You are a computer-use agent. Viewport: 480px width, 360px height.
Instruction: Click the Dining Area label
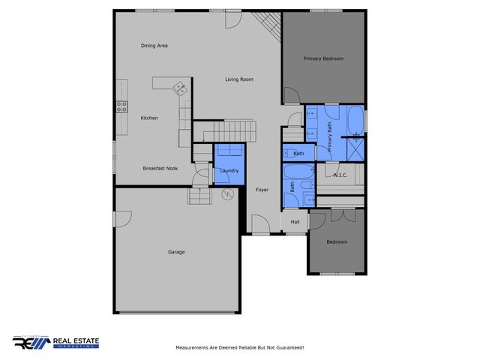click(x=154, y=46)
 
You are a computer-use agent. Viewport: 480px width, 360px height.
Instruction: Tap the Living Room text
click(x=239, y=79)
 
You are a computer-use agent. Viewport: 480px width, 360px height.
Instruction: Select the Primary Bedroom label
click(x=323, y=58)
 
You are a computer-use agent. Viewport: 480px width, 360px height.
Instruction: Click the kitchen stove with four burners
click(x=120, y=106)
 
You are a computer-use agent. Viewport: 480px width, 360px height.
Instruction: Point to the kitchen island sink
click(x=180, y=88)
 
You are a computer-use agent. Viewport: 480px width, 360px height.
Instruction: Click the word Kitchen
click(x=149, y=118)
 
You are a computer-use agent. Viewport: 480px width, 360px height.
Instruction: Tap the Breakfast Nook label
click(x=160, y=169)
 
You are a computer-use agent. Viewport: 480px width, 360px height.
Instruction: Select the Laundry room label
click(x=229, y=171)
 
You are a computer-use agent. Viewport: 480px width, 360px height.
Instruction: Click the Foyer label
click(x=262, y=190)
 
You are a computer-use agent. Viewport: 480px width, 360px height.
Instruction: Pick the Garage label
click(x=176, y=252)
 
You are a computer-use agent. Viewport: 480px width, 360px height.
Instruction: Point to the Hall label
click(x=295, y=222)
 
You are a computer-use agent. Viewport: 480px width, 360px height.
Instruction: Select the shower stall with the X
click(x=356, y=148)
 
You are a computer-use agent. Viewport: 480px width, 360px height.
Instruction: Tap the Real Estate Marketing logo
click(x=56, y=342)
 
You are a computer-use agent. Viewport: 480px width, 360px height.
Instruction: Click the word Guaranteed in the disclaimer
click(x=288, y=348)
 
